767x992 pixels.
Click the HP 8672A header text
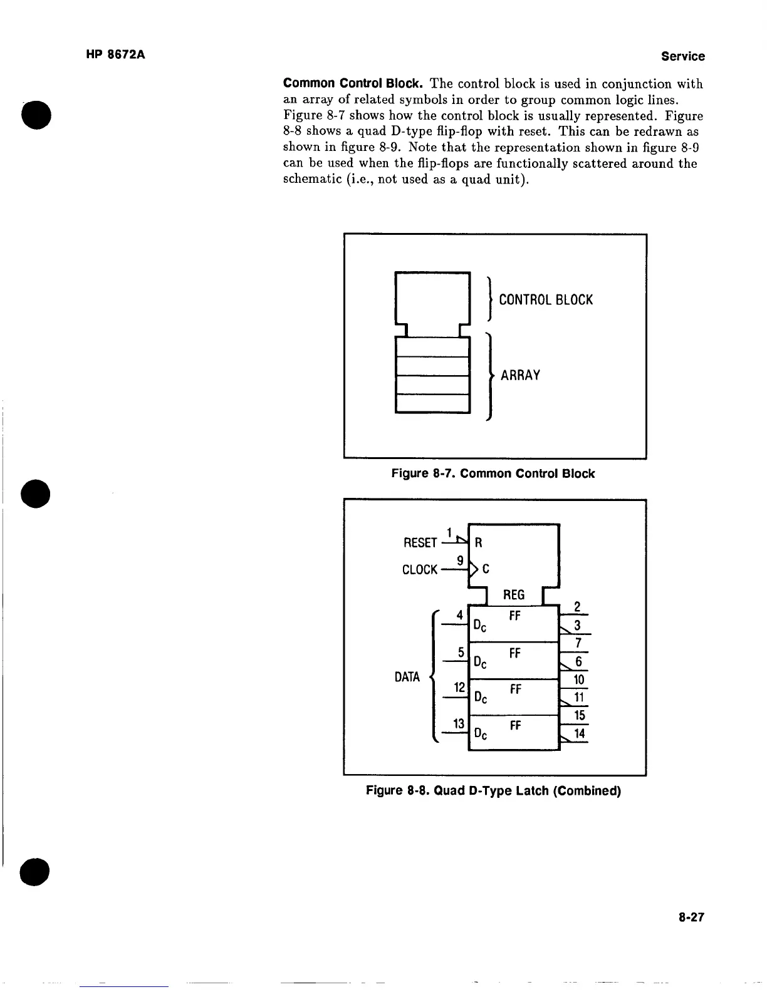(115, 54)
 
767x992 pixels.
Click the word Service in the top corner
(682, 56)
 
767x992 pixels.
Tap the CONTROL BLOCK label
(545, 300)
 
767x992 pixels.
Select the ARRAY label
(519, 375)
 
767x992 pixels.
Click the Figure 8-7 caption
(493, 473)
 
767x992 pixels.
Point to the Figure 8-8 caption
(493, 790)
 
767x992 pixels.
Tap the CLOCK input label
(419, 570)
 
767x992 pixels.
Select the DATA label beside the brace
(407, 677)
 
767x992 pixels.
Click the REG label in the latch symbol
(514, 595)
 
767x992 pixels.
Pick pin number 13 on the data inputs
(459, 724)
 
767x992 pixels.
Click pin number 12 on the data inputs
(459, 688)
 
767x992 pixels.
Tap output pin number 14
(579, 733)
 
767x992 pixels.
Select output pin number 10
(579, 679)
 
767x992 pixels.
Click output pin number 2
(578, 606)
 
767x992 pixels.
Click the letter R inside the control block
(479, 542)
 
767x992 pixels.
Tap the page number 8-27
(691, 917)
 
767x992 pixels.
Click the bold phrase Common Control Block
(355, 83)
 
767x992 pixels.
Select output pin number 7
(578, 643)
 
